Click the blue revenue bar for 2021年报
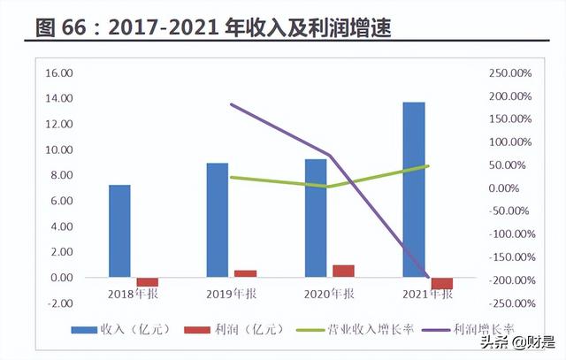[x=413, y=189]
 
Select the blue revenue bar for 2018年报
[x=119, y=231]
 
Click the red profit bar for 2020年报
[x=343, y=271]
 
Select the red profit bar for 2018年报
[x=147, y=281]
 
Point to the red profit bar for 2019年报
[x=245, y=273]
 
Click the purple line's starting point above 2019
[x=231, y=104]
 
